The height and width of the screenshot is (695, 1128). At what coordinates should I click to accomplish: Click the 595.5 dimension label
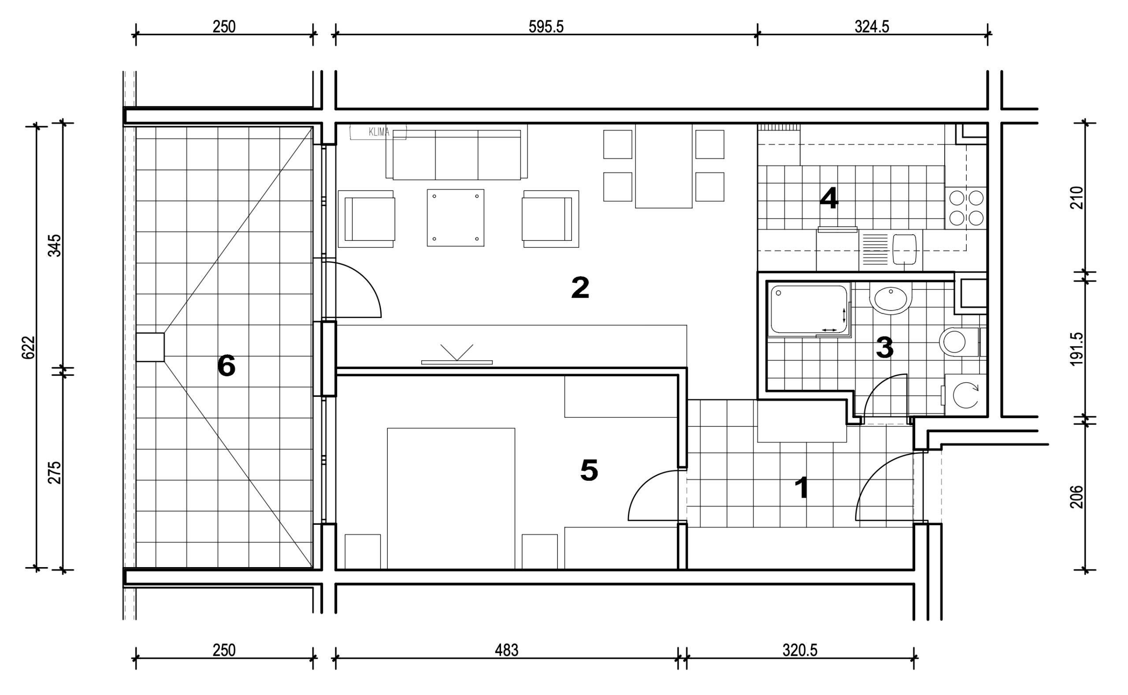tap(545, 26)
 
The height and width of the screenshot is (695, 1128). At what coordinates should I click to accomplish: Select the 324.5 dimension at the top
tap(872, 26)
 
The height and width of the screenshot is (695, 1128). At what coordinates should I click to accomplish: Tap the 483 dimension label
tap(507, 650)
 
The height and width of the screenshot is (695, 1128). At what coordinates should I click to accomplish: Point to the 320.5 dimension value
tap(800, 650)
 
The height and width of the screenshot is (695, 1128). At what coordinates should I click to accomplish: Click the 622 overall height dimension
tap(29, 347)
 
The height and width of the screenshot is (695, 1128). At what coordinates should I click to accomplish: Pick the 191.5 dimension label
tap(1076, 349)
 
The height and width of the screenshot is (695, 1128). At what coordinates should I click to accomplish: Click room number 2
tap(580, 287)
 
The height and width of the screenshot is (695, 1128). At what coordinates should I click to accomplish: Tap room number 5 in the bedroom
tap(589, 470)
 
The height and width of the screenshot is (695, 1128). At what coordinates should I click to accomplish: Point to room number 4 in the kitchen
tap(829, 198)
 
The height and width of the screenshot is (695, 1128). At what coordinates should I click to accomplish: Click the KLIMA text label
tap(379, 132)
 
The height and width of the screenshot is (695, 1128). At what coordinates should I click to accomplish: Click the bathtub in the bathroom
tap(809, 309)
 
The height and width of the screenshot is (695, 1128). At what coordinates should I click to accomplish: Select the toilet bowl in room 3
tap(958, 342)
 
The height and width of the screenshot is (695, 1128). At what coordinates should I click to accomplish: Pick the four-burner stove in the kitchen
tap(965, 208)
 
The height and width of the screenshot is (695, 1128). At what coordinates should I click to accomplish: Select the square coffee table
tap(456, 218)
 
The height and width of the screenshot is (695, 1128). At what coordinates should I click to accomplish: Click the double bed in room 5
tap(451, 499)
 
